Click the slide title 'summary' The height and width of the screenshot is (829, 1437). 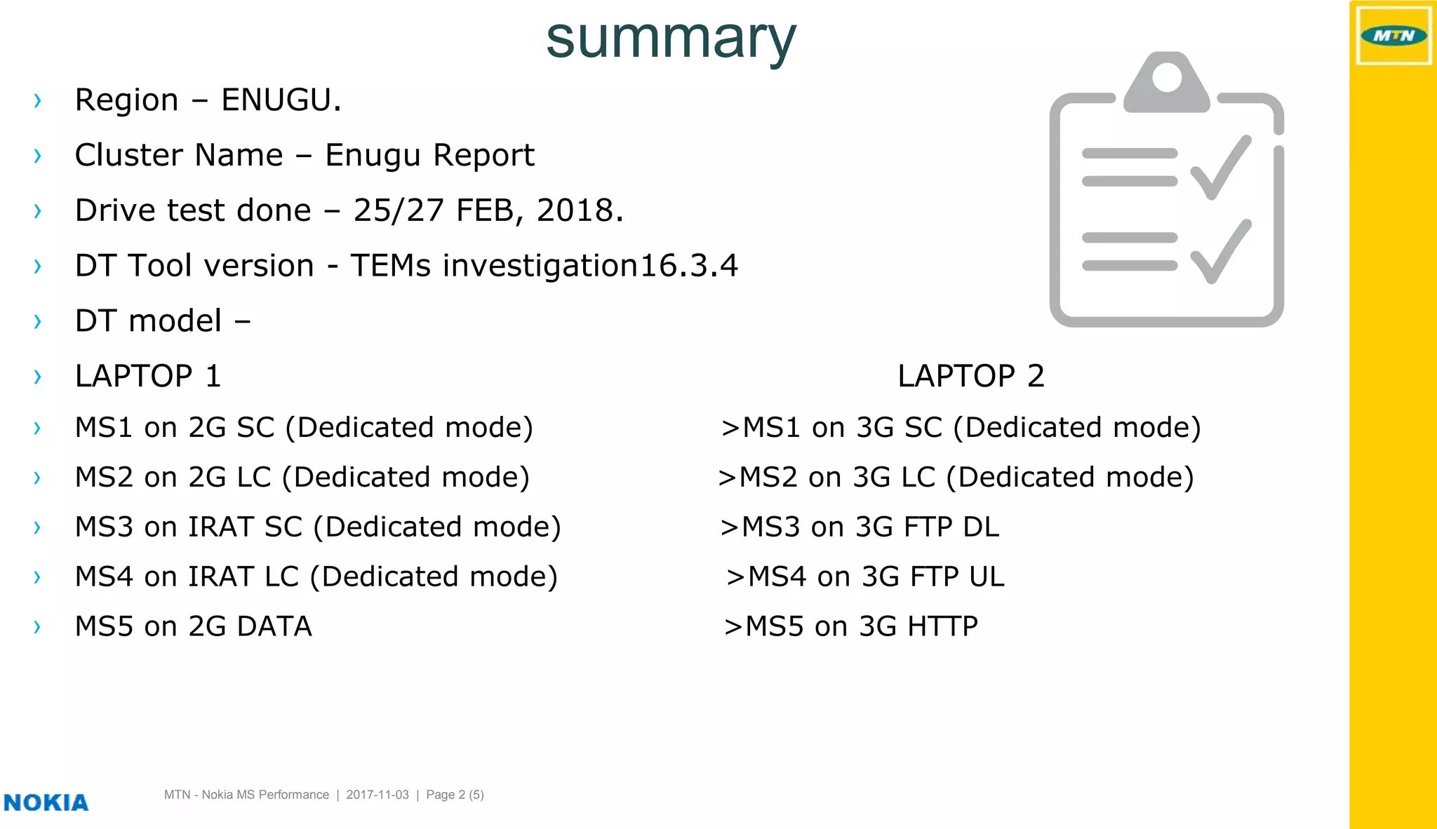pos(671,39)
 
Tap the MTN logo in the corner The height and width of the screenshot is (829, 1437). pos(1393,36)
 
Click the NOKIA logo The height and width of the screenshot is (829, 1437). pos(46,802)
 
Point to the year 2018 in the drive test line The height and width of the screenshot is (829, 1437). pos(575,210)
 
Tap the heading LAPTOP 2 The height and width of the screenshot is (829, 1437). pos(971,376)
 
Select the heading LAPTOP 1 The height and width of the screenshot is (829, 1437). pos(148,376)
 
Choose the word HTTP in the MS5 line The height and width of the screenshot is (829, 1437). pos(942,626)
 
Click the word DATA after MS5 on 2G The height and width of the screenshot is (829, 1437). pos(274,626)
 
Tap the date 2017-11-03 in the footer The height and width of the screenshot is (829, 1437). pos(377,795)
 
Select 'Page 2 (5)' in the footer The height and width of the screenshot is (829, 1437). pos(455,795)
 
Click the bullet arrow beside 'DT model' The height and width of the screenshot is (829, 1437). pos(38,321)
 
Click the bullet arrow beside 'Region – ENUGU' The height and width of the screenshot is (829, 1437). pos(38,100)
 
